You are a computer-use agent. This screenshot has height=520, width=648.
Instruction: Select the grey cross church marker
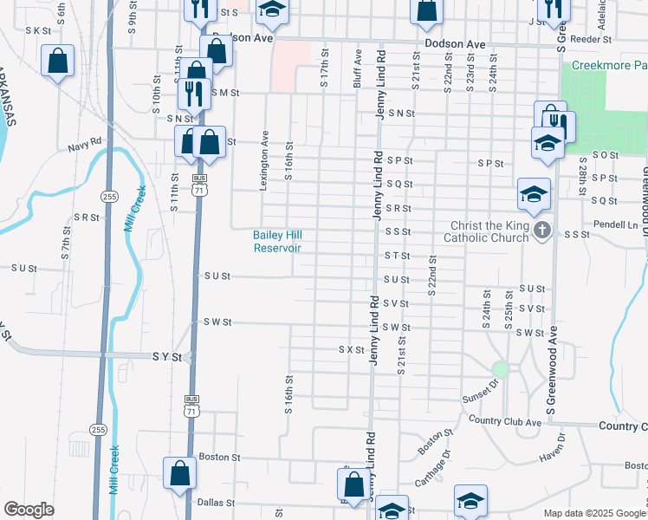542,231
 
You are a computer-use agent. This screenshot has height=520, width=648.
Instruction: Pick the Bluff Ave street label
358,68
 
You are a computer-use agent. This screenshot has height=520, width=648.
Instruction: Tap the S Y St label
167,356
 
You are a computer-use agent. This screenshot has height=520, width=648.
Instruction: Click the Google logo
29,510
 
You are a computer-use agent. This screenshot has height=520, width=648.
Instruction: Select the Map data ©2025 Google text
593,513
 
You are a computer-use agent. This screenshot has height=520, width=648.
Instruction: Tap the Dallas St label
216,502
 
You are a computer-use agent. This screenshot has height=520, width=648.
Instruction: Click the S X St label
350,349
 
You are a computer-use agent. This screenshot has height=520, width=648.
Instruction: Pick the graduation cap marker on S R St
534,195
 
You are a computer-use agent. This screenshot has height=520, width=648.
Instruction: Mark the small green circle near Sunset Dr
500,368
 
